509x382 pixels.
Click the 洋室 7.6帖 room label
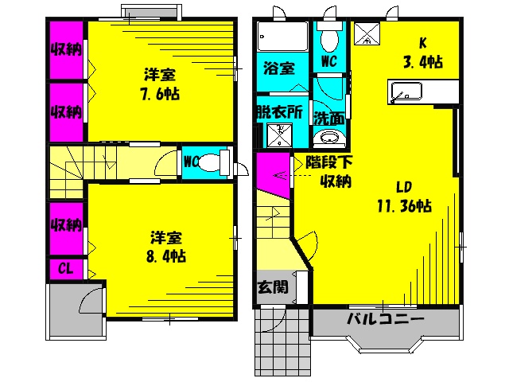[x=160, y=84]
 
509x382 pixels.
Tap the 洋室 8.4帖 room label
[x=166, y=247]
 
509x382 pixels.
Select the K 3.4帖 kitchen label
[x=422, y=53]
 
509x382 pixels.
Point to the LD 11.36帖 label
[x=405, y=197]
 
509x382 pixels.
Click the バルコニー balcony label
[x=385, y=318]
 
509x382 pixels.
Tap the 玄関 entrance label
[x=273, y=287]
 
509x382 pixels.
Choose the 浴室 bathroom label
[x=279, y=68]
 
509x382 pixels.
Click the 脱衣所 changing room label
[x=279, y=112]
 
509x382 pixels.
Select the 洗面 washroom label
[x=328, y=119]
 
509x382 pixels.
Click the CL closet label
[x=65, y=269]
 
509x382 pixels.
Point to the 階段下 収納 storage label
[x=329, y=172]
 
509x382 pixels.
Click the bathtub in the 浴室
[x=282, y=36]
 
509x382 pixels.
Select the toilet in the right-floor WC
[x=329, y=37]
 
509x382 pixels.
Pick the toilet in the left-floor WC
[x=213, y=162]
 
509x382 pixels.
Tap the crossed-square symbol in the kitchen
[x=367, y=33]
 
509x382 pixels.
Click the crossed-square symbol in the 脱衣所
[x=279, y=134]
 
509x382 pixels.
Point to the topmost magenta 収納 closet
[x=66, y=49]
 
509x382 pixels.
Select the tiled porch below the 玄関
[x=282, y=341]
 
